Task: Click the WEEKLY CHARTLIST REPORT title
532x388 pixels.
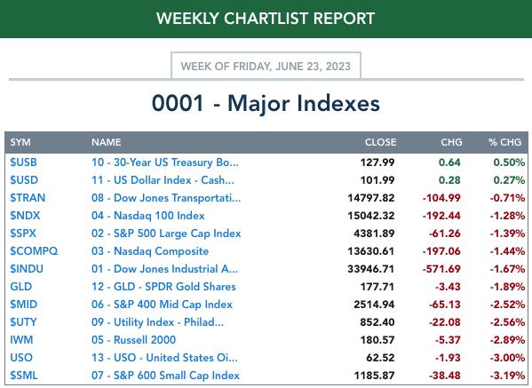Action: (266, 19)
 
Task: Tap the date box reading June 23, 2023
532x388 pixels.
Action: (266, 66)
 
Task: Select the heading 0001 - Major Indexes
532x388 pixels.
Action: (266, 103)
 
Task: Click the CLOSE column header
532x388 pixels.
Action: (380, 142)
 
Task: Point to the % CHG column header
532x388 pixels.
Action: (504, 142)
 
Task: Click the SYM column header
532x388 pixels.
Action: (20, 142)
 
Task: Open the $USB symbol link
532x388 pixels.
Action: (23, 162)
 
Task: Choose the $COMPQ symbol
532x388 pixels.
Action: (34, 251)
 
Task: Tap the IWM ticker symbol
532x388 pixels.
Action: (21, 340)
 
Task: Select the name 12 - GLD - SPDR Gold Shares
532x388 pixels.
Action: (163, 287)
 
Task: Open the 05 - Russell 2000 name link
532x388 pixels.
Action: (134, 340)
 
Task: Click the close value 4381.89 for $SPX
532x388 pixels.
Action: (374, 234)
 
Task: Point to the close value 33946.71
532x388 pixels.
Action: (371, 269)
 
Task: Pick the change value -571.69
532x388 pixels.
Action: (441, 269)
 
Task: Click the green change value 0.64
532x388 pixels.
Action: (449, 162)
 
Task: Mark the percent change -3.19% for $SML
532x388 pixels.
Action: (507, 376)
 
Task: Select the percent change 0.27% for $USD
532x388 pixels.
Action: (509, 180)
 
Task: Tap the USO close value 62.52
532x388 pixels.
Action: (380, 358)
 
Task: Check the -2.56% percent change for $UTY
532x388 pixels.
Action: (507, 322)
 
